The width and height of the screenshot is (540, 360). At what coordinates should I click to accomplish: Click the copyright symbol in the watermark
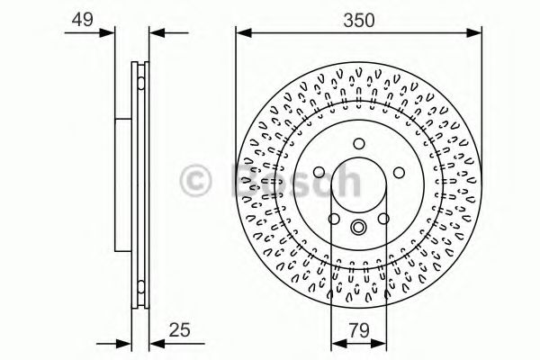[199, 179]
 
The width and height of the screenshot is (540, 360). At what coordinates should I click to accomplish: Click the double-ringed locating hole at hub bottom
[358, 227]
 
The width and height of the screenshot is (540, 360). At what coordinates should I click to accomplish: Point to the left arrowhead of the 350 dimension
[241, 32]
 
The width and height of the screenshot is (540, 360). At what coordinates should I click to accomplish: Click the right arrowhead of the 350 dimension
[477, 32]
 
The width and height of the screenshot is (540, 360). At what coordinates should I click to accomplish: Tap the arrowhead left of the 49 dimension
[110, 32]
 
